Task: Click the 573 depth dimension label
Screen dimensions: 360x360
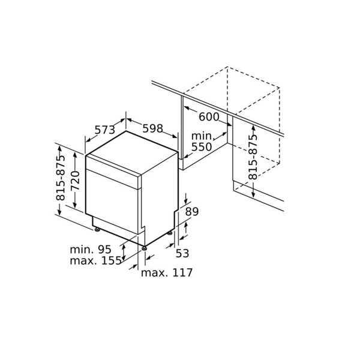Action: point(104,129)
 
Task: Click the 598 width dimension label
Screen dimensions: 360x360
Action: point(154,128)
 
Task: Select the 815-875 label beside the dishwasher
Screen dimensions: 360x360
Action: point(61,180)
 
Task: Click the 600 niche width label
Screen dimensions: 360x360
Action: point(208,117)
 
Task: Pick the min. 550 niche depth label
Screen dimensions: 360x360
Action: point(202,142)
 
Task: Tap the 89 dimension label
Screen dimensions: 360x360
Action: point(191,211)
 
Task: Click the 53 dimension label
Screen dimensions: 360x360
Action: point(182,253)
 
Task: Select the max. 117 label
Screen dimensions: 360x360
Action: point(166,273)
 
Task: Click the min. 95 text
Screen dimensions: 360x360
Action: point(91,249)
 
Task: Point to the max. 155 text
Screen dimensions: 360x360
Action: point(92,261)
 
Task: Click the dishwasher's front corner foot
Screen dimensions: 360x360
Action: point(144,247)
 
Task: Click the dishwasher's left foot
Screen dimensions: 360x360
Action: point(96,228)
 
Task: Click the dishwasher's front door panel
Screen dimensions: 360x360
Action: point(114,201)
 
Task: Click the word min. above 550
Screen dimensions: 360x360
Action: point(202,136)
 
